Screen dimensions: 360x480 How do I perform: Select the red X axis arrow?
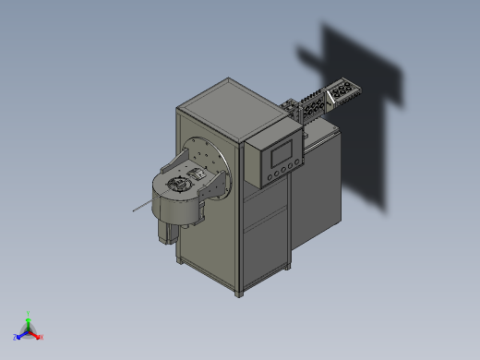39,336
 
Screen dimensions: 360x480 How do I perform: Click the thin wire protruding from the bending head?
140,207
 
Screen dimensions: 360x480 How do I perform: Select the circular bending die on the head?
177,186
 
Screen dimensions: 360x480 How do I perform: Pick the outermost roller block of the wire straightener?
346,90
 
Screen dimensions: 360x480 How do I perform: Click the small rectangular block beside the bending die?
197,173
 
